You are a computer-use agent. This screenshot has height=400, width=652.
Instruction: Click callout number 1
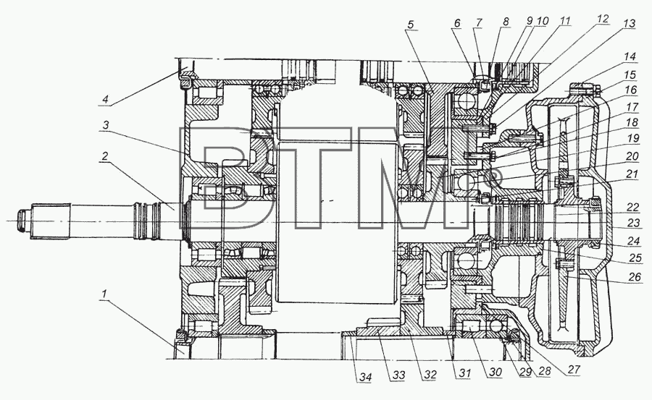104,294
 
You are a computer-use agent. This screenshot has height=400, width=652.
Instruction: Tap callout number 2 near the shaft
105,156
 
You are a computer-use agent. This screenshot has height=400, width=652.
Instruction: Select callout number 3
106,124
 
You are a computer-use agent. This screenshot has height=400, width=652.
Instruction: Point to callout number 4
106,99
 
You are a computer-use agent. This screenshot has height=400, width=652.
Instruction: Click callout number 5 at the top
411,24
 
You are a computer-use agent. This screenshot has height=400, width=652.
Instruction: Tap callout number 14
630,56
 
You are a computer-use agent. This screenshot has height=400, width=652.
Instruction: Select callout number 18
632,122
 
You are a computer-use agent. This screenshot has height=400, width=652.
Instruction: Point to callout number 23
633,223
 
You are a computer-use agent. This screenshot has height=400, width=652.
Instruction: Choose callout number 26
635,276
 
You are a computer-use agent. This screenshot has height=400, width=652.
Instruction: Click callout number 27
574,370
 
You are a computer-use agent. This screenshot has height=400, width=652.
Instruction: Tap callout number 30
495,372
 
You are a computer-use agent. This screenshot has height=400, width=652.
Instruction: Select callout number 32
430,374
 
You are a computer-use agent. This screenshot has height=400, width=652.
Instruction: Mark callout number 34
365,377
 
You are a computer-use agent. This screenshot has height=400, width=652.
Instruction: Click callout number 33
398,375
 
